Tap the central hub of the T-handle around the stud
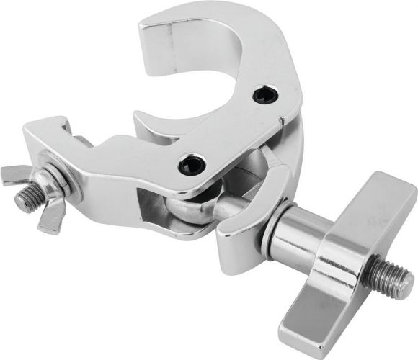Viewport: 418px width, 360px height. point(346,259)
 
